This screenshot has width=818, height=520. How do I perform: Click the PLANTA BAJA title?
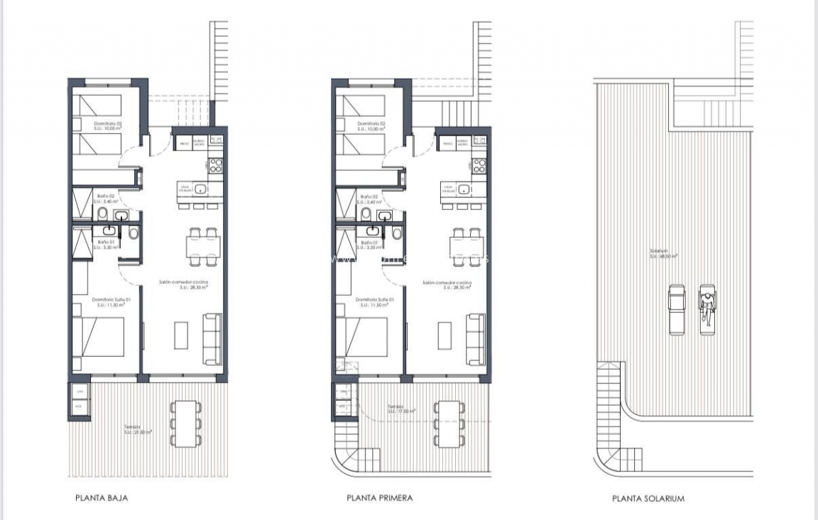[102, 498]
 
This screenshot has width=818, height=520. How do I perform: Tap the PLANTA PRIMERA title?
[379, 498]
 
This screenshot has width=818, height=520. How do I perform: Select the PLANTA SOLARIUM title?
[648, 499]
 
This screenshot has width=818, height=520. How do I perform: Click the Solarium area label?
[662, 253]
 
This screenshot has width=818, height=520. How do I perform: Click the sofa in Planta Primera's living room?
[475, 331]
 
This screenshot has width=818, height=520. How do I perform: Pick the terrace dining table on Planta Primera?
[448, 424]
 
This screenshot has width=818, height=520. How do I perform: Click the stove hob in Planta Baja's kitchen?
[215, 165]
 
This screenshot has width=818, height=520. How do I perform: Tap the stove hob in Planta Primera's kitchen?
[479, 166]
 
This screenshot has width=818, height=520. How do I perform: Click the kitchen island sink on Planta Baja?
[201, 189]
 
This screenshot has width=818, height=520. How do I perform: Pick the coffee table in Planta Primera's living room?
[445, 335]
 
